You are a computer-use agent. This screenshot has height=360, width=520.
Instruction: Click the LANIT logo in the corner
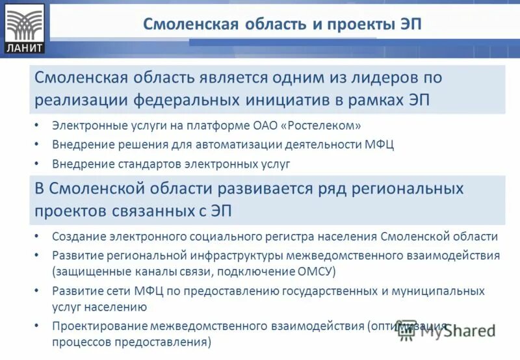pos(24,28)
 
